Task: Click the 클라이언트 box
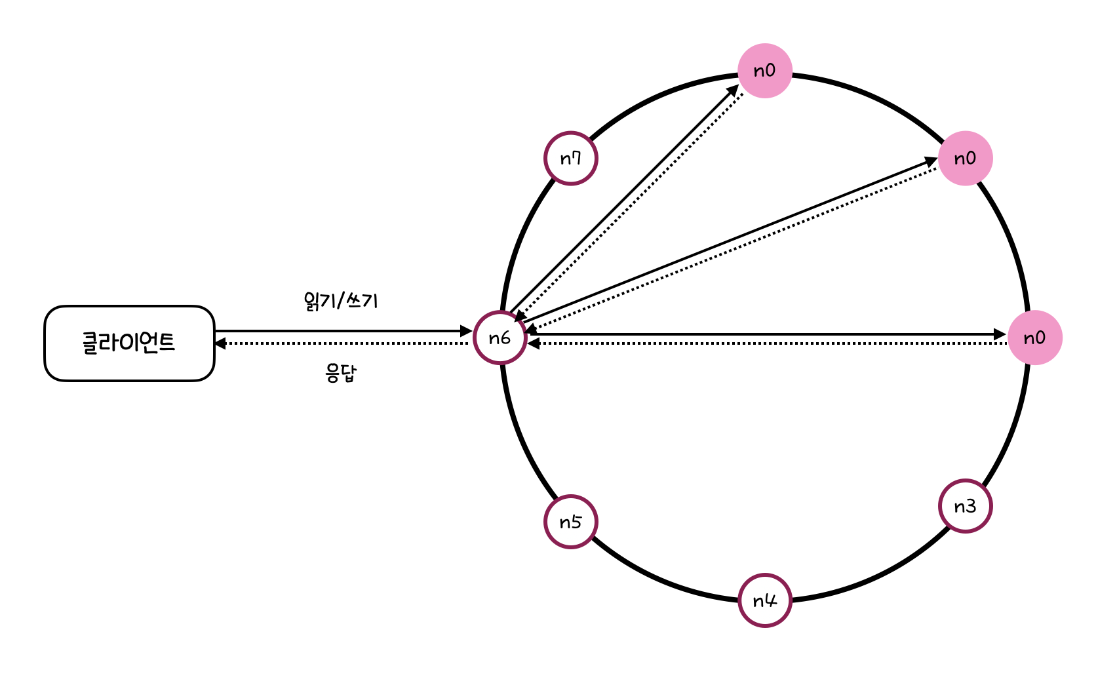click(x=129, y=343)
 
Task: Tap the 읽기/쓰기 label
click(x=341, y=301)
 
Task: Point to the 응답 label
click(x=341, y=373)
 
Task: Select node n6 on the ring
click(x=500, y=338)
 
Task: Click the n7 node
click(x=570, y=158)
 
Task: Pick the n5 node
click(x=570, y=522)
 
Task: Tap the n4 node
click(x=764, y=600)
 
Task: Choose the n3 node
click(x=965, y=506)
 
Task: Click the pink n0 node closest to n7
click(x=765, y=71)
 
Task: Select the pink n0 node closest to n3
click(x=1034, y=338)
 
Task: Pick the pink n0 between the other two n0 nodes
click(x=965, y=158)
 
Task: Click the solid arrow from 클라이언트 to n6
click(x=341, y=331)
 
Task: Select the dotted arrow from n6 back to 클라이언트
click(x=341, y=343)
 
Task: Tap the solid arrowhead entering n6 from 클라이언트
click(x=467, y=331)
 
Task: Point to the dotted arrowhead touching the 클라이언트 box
click(x=220, y=343)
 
